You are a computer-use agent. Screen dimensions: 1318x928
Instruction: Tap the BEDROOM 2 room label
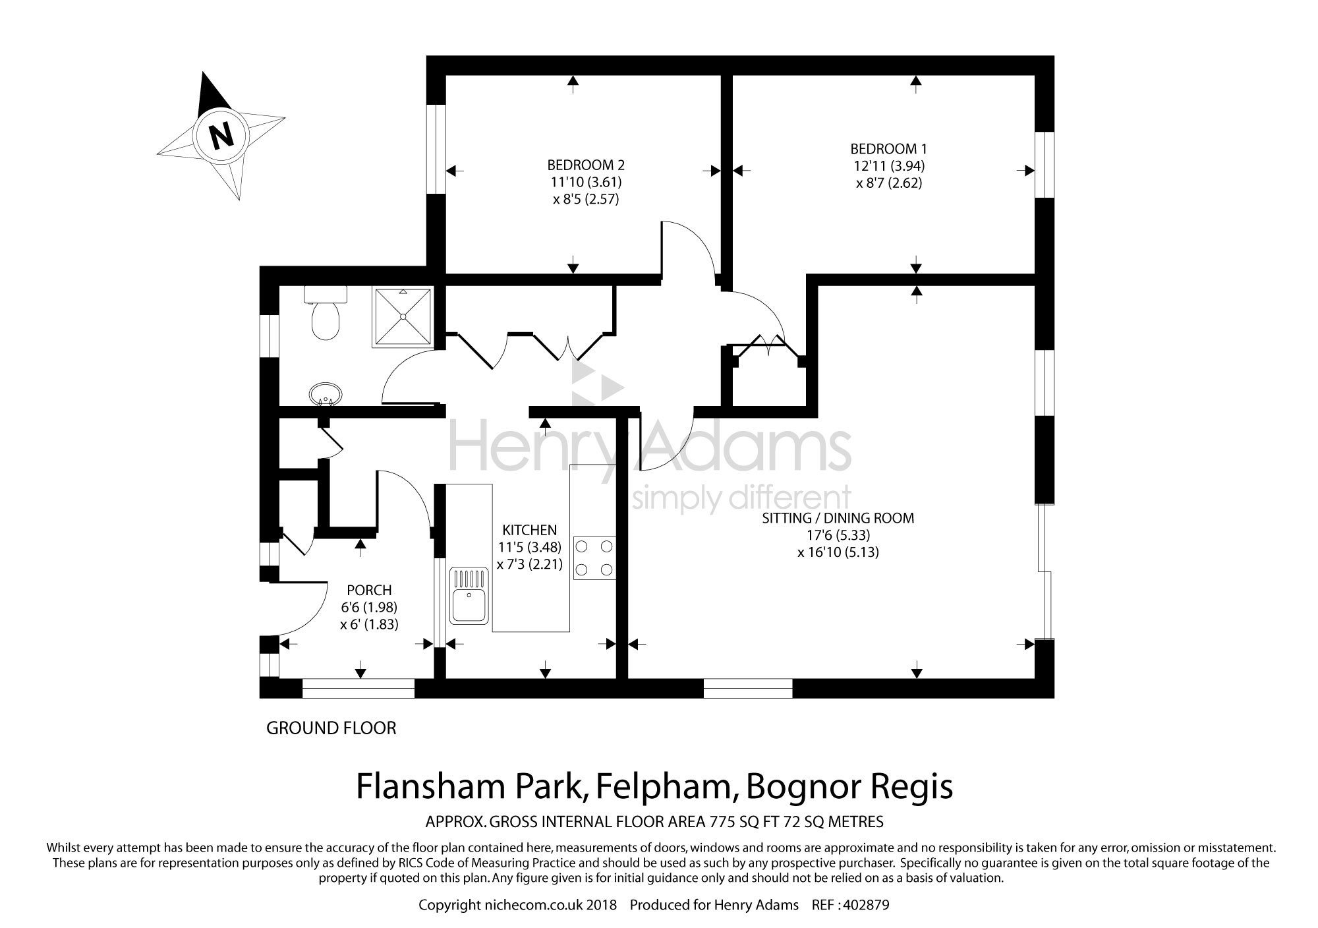(x=585, y=165)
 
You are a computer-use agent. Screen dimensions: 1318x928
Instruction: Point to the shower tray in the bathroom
(x=404, y=316)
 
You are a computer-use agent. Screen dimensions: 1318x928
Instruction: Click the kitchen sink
(x=469, y=596)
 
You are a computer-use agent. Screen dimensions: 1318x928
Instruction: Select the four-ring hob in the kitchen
(x=594, y=558)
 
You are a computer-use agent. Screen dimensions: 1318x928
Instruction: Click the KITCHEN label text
(x=529, y=530)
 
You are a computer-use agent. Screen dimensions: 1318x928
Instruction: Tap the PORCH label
(x=369, y=590)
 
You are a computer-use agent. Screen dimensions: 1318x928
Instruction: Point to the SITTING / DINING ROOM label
(x=838, y=518)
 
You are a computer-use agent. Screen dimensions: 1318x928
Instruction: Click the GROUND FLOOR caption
(x=331, y=728)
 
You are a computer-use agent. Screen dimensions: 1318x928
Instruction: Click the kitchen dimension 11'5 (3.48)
(x=529, y=547)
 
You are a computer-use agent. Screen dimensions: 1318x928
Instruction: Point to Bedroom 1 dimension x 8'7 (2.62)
(x=888, y=183)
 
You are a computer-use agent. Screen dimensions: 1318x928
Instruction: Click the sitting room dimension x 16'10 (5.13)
(x=838, y=552)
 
